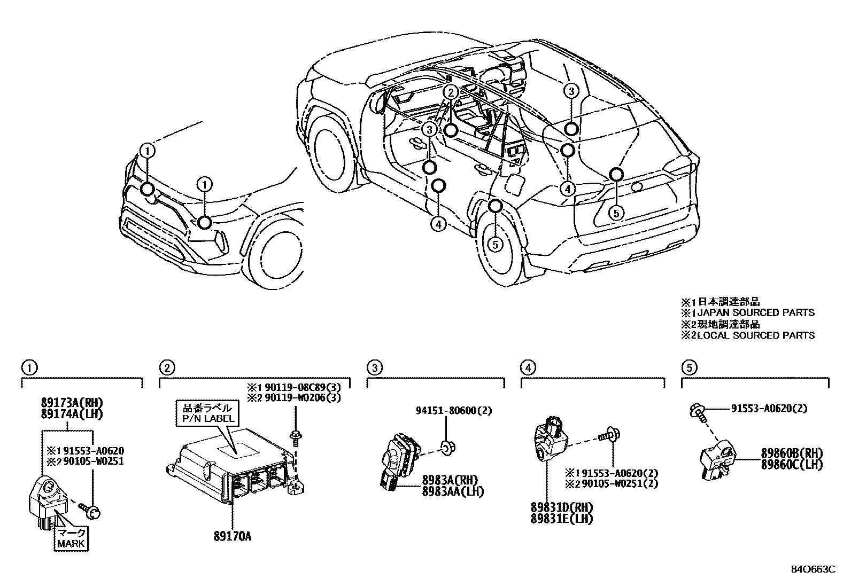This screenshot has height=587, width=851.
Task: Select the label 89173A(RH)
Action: [72, 403]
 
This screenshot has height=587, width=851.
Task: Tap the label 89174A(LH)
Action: [72, 413]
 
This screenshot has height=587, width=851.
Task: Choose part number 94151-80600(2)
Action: [453, 411]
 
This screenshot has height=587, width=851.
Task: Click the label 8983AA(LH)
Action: [452, 491]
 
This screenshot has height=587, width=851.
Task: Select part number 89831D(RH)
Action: [562, 507]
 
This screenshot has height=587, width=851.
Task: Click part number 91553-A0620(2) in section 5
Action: [769, 409]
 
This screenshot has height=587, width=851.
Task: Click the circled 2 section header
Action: [167, 367]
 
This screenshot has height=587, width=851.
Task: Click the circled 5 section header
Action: [689, 367]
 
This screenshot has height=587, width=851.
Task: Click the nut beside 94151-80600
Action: [445, 448]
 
